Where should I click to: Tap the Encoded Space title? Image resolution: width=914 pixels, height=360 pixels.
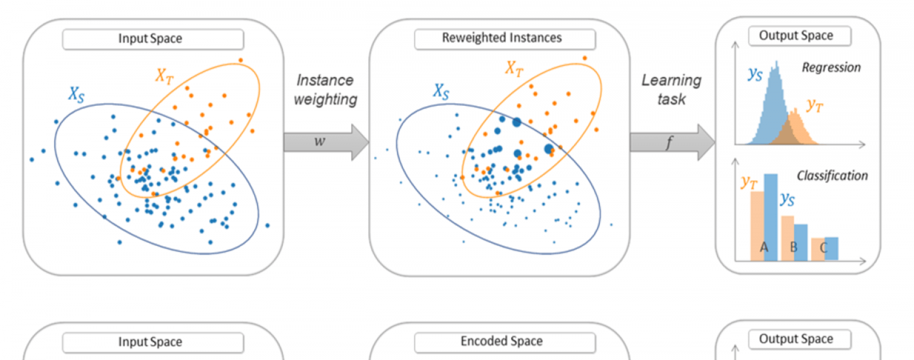pyautogui.click(x=502, y=342)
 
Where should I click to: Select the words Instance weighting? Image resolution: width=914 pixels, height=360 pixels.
pyautogui.click(x=326, y=90)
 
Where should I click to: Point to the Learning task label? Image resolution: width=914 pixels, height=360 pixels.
pyautogui.click(x=671, y=90)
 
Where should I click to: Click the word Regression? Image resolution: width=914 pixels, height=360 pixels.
pyautogui.click(x=831, y=67)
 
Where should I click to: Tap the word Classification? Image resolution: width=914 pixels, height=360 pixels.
pyautogui.click(x=832, y=175)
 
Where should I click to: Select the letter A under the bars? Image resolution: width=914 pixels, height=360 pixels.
pyautogui.click(x=764, y=247)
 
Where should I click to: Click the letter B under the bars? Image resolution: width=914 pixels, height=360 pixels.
pyautogui.click(x=793, y=247)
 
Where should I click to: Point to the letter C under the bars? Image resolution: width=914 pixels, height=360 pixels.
pyautogui.click(x=823, y=247)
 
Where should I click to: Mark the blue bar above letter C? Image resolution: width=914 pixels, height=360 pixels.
pyautogui.click(x=831, y=249)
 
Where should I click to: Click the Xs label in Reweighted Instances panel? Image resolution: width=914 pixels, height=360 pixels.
pyautogui.click(x=441, y=91)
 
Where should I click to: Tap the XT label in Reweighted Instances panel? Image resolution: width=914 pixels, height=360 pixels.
pyautogui.click(x=514, y=69)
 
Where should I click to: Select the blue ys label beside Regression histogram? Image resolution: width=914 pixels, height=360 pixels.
pyautogui.click(x=755, y=74)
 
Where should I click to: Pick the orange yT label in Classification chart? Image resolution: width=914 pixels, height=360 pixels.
pyautogui.click(x=749, y=182)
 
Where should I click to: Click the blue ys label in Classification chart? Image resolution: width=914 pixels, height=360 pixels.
pyautogui.click(x=787, y=199)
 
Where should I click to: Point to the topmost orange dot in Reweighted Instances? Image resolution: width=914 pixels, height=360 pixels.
pyautogui.click(x=584, y=58)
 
